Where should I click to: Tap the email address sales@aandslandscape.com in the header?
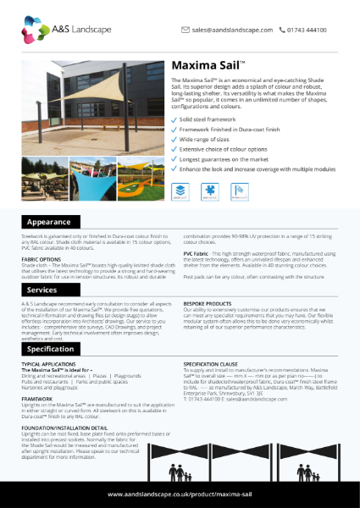231,29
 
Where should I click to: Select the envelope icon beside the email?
186,29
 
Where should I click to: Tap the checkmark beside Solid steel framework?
174,120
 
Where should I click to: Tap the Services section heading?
42,290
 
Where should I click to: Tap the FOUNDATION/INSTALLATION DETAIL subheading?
64,428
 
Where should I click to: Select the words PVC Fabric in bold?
196,253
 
